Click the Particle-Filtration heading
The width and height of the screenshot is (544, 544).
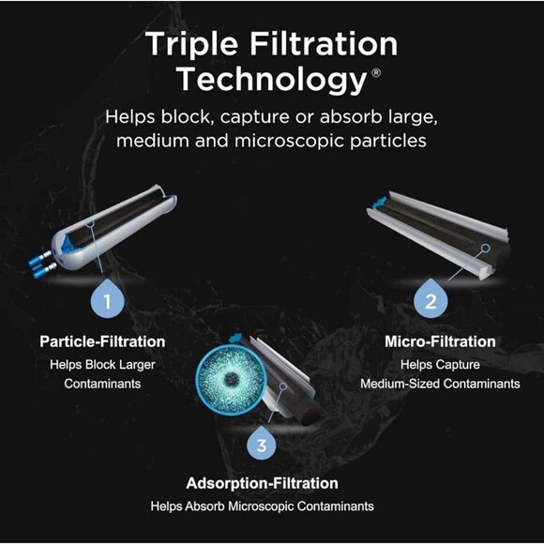point(102,341)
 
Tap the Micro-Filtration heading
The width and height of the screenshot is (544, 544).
point(440,341)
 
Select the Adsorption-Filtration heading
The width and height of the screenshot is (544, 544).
point(263,484)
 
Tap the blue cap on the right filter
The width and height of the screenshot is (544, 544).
point(379,201)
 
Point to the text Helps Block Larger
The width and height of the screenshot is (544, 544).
point(102,363)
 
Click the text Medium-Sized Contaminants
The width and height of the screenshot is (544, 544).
point(440,384)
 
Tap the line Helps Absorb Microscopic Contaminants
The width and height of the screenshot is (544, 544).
point(263,506)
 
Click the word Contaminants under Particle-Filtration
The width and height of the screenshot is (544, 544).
point(102,384)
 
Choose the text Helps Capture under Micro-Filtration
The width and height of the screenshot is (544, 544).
point(440,363)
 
